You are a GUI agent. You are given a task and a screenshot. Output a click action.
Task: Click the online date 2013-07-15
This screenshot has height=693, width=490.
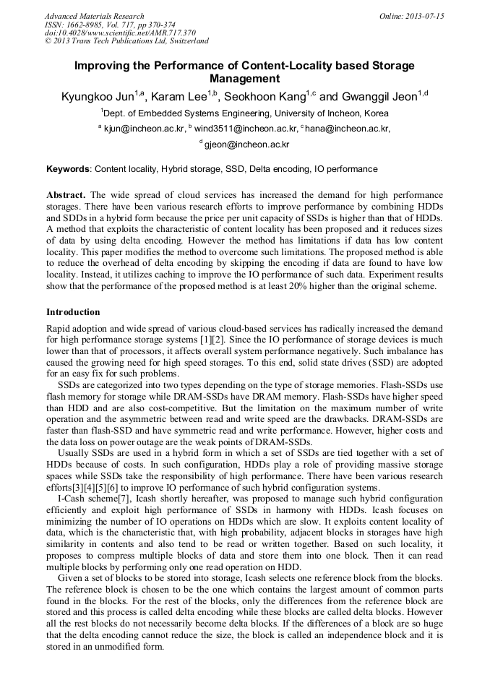pyautogui.click(x=424, y=16)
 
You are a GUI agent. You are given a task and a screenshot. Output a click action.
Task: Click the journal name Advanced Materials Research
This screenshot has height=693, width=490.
pyautogui.click(x=95, y=16)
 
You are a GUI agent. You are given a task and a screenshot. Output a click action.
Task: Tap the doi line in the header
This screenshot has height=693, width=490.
pyautogui.click(x=120, y=33)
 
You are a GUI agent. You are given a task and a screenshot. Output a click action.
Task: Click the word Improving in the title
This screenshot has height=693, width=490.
pyautogui.click(x=102, y=66)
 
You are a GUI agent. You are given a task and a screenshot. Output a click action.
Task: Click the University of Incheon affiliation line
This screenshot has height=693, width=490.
pyautogui.click(x=245, y=113)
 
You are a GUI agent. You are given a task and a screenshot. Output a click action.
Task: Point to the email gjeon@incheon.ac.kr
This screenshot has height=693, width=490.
pyautogui.click(x=246, y=145)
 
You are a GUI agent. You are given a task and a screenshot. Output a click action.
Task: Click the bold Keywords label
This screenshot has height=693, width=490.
pyautogui.click(x=68, y=169)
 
